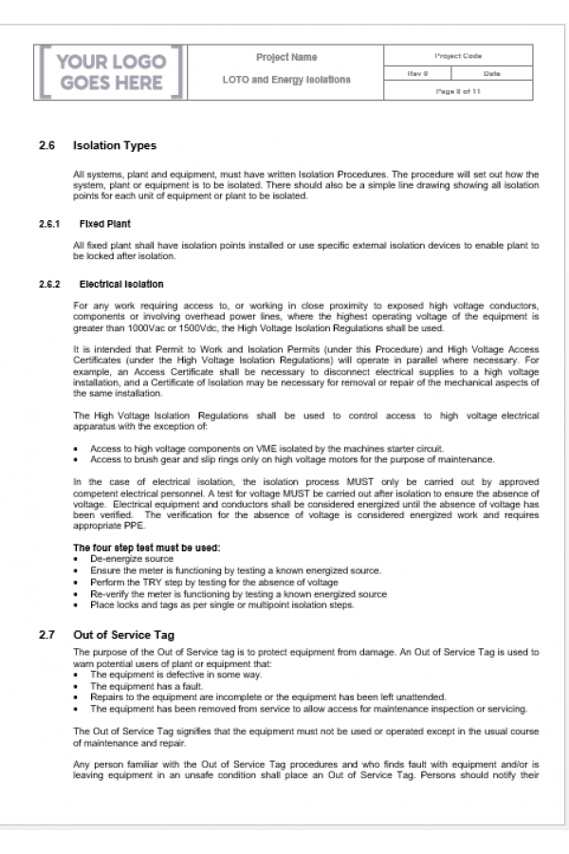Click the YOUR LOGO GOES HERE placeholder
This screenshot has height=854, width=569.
click(112, 73)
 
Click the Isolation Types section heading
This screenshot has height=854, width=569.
click(115, 146)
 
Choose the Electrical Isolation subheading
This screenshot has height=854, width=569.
click(120, 284)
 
